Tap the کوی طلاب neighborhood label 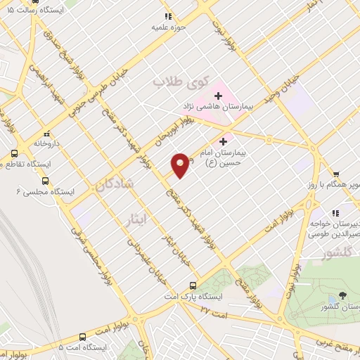point(172,82)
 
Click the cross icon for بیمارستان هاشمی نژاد point(219,94)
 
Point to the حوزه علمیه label point(167,27)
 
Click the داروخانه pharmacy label point(47,143)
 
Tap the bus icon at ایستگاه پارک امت point(193,285)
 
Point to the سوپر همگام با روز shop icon point(337,175)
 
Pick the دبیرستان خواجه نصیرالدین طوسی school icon point(335,212)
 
